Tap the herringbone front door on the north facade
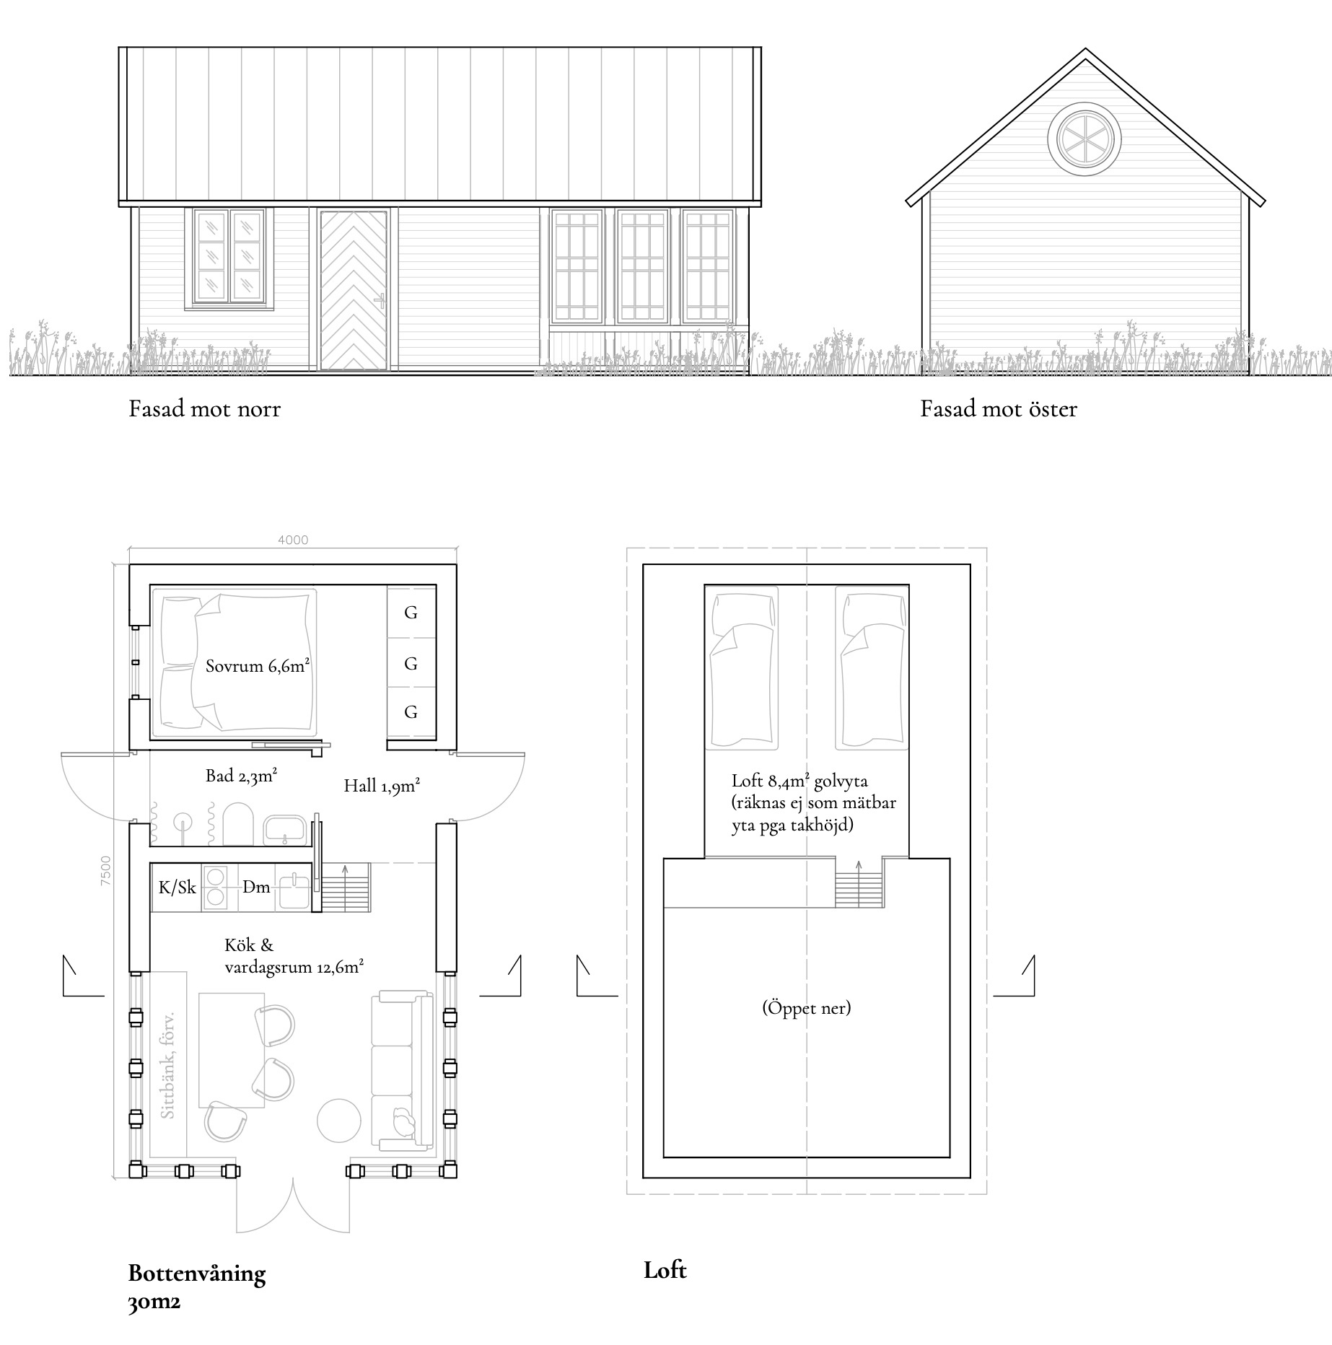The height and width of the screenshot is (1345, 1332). pyautogui.click(x=354, y=290)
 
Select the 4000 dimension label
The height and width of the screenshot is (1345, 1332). pyautogui.click(x=292, y=540)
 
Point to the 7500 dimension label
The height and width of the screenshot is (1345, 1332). pyautogui.click(x=106, y=871)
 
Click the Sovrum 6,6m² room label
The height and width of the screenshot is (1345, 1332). pyautogui.click(x=258, y=665)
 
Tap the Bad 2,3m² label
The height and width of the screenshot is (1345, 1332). pyautogui.click(x=242, y=776)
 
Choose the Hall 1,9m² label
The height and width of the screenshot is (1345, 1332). pyautogui.click(x=382, y=785)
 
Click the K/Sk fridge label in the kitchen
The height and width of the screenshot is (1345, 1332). pyautogui.click(x=177, y=887)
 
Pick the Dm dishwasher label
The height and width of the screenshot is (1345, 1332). pyautogui.click(x=256, y=887)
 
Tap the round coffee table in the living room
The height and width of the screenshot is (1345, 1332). pyautogui.click(x=339, y=1120)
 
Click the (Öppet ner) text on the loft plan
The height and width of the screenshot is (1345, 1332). pyautogui.click(x=807, y=1007)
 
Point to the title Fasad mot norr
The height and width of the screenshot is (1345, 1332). pyautogui.click(x=204, y=409)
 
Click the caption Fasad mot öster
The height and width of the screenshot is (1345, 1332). pyautogui.click(x=999, y=409)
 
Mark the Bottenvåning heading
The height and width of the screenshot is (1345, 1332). pyautogui.click(x=197, y=1273)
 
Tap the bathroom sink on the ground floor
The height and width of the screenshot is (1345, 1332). pyautogui.click(x=285, y=830)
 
